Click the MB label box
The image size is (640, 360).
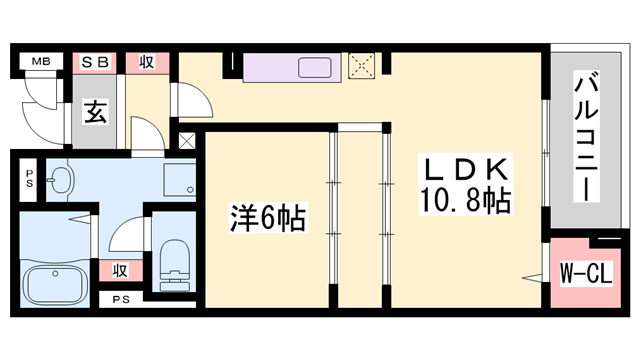(x=41, y=62)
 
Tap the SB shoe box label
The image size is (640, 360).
(x=95, y=63)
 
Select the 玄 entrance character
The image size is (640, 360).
(x=96, y=111)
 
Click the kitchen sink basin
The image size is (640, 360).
(x=314, y=67)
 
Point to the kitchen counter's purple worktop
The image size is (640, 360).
(x=292, y=67)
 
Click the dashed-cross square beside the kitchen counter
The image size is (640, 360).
(x=361, y=65)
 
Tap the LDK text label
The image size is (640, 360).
(x=467, y=170)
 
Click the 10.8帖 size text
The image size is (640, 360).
(x=465, y=200)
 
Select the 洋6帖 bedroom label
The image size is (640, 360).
(x=267, y=218)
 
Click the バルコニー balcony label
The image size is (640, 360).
(x=587, y=137)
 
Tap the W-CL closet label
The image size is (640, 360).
(x=586, y=273)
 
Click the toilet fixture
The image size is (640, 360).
(x=175, y=265)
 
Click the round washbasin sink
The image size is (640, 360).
(x=60, y=179)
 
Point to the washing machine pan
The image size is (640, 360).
(x=180, y=180)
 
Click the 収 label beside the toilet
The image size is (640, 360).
(x=120, y=270)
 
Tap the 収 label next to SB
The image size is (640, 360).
(x=147, y=63)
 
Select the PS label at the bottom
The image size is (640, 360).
(x=121, y=300)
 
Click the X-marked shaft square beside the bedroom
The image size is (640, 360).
(x=187, y=141)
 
